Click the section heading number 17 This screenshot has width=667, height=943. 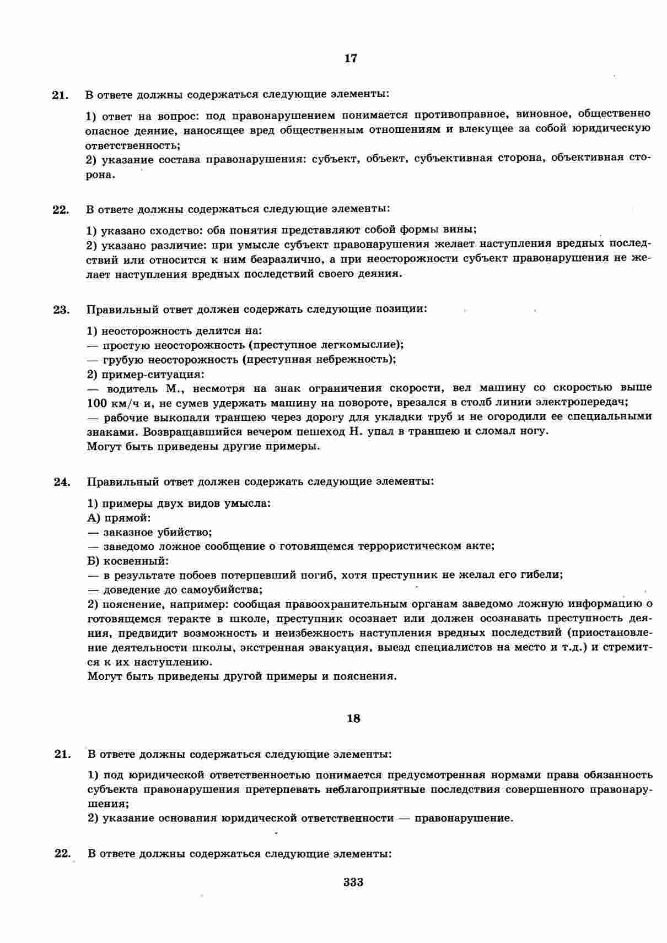coord(351,58)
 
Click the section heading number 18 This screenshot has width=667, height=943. coord(353,718)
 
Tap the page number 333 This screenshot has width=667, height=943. coord(353,882)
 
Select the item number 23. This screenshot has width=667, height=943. coord(61,310)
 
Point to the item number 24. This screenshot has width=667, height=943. coord(61,482)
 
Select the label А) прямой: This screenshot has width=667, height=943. coord(119,518)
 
